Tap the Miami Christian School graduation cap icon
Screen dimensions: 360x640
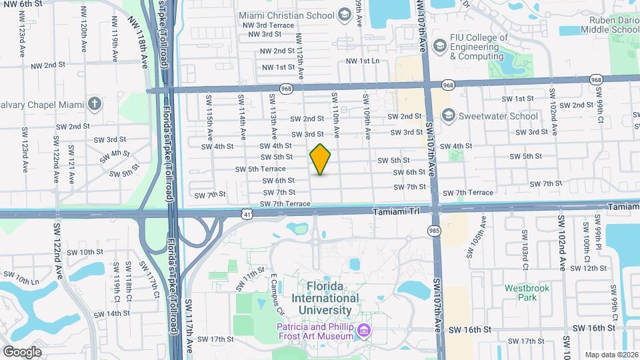point(344,14)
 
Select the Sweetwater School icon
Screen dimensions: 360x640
point(447,115)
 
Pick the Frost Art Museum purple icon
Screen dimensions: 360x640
point(364,331)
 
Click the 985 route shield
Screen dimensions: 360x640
point(434,229)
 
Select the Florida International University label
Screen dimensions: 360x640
point(325,298)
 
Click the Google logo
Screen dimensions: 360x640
point(22,351)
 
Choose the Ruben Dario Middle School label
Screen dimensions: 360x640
point(609,25)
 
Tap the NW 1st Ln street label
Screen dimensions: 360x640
point(362,61)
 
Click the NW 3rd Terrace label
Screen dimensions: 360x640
point(270,25)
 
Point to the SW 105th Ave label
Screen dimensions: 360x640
point(474,248)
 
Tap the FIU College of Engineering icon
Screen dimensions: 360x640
point(439,46)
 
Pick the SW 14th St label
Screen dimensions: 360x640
point(111,313)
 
